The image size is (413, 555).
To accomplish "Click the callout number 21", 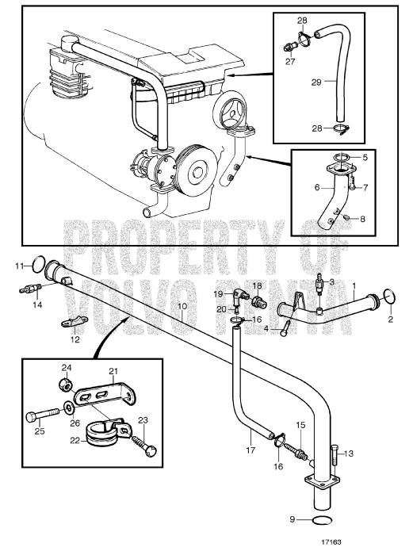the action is click(x=113, y=371).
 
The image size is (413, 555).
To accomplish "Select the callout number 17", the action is click(x=250, y=450).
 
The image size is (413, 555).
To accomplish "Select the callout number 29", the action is click(x=316, y=82).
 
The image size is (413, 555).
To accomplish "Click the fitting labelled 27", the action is click(x=290, y=47).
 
